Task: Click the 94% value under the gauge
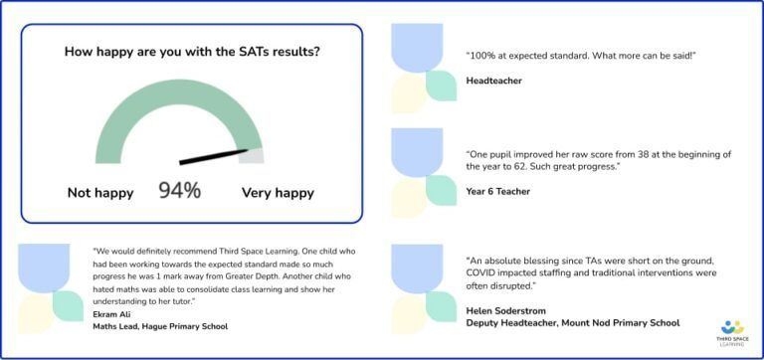pyautogui.click(x=179, y=190)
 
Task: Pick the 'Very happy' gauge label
pyautogui.click(x=278, y=192)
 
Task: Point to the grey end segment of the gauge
pyautogui.click(x=254, y=155)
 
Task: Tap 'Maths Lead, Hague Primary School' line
pyautogui.click(x=159, y=326)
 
